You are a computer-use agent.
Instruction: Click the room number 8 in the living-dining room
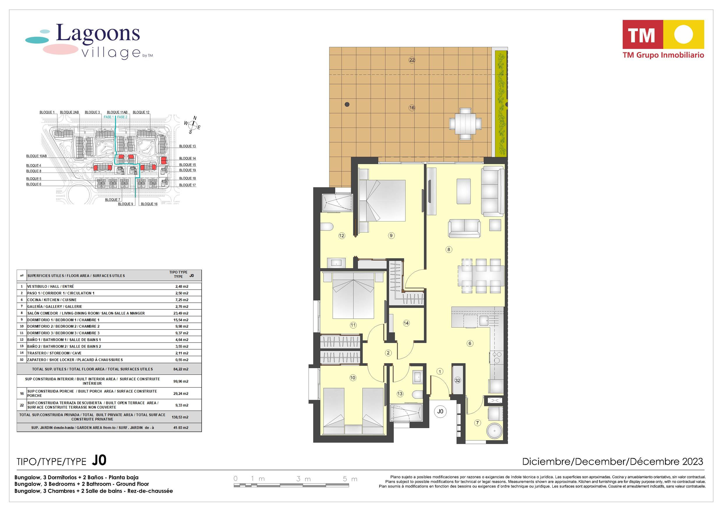[x=449, y=249]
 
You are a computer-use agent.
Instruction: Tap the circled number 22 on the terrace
[x=412, y=60]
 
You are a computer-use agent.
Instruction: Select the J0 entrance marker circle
[x=440, y=411]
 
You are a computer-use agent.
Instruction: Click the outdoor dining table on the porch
[x=465, y=124]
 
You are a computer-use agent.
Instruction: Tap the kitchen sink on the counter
[x=484, y=321]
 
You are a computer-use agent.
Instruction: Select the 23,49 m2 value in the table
[x=182, y=313]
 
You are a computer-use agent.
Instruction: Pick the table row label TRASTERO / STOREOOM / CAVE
[x=54, y=353]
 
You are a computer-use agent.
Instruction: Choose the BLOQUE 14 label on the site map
[x=187, y=158]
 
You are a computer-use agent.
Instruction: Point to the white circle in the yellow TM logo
[x=683, y=35]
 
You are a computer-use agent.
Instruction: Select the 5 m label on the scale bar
[x=350, y=479]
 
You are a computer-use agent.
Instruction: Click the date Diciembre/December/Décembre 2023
[x=613, y=462]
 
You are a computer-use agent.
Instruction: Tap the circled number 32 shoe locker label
[x=458, y=380]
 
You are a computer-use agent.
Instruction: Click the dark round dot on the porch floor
[x=347, y=104]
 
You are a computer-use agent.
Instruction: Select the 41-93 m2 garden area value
[x=181, y=427]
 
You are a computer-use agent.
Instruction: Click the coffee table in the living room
[x=463, y=191]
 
